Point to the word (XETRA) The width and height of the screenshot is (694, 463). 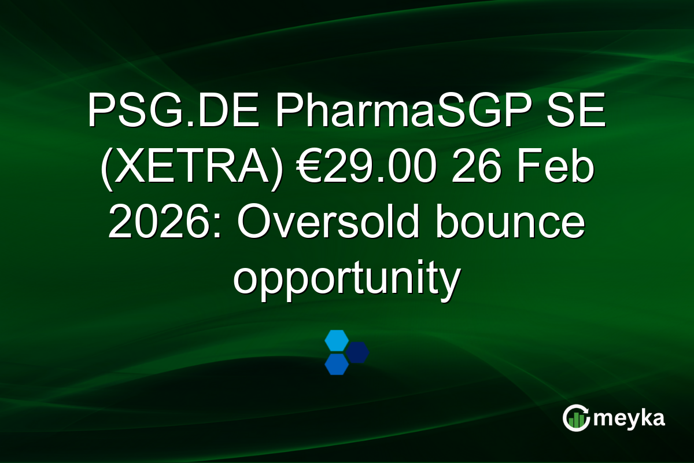pos(190,168)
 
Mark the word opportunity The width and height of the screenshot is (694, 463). pos(346,281)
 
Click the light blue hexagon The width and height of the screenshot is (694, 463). pos(336,340)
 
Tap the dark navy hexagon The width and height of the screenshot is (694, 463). pos(357,352)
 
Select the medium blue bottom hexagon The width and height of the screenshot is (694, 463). pos(336,364)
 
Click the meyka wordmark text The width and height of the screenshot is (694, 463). pos(629,418)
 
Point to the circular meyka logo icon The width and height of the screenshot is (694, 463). pos(577,418)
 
